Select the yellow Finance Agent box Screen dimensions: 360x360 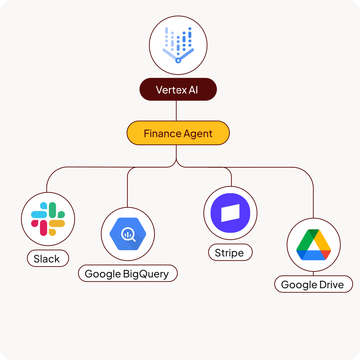pyautogui.click(x=178, y=133)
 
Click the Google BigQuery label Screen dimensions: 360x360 pyautogui.click(x=127, y=274)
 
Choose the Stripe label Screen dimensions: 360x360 pyautogui.click(x=230, y=253)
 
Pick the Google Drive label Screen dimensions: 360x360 pyautogui.click(x=313, y=284)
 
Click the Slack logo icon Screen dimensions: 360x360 pyautogui.click(x=48, y=219)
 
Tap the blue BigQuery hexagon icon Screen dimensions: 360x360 pyautogui.click(x=128, y=234)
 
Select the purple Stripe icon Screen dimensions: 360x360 pyautogui.click(x=230, y=213)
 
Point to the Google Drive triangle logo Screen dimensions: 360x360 pyautogui.click(x=313, y=245)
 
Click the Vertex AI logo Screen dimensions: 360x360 pyautogui.click(x=178, y=45)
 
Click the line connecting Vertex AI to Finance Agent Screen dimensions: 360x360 pyautogui.click(x=176, y=111)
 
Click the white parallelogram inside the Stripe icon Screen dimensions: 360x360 pyautogui.click(x=230, y=213)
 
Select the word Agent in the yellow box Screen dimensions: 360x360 pyautogui.click(x=199, y=133)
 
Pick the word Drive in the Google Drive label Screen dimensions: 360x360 pyautogui.click(x=331, y=284)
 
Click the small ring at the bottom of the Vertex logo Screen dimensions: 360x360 pyautogui.click(x=178, y=61)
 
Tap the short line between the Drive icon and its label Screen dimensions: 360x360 pyautogui.click(x=313, y=274)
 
